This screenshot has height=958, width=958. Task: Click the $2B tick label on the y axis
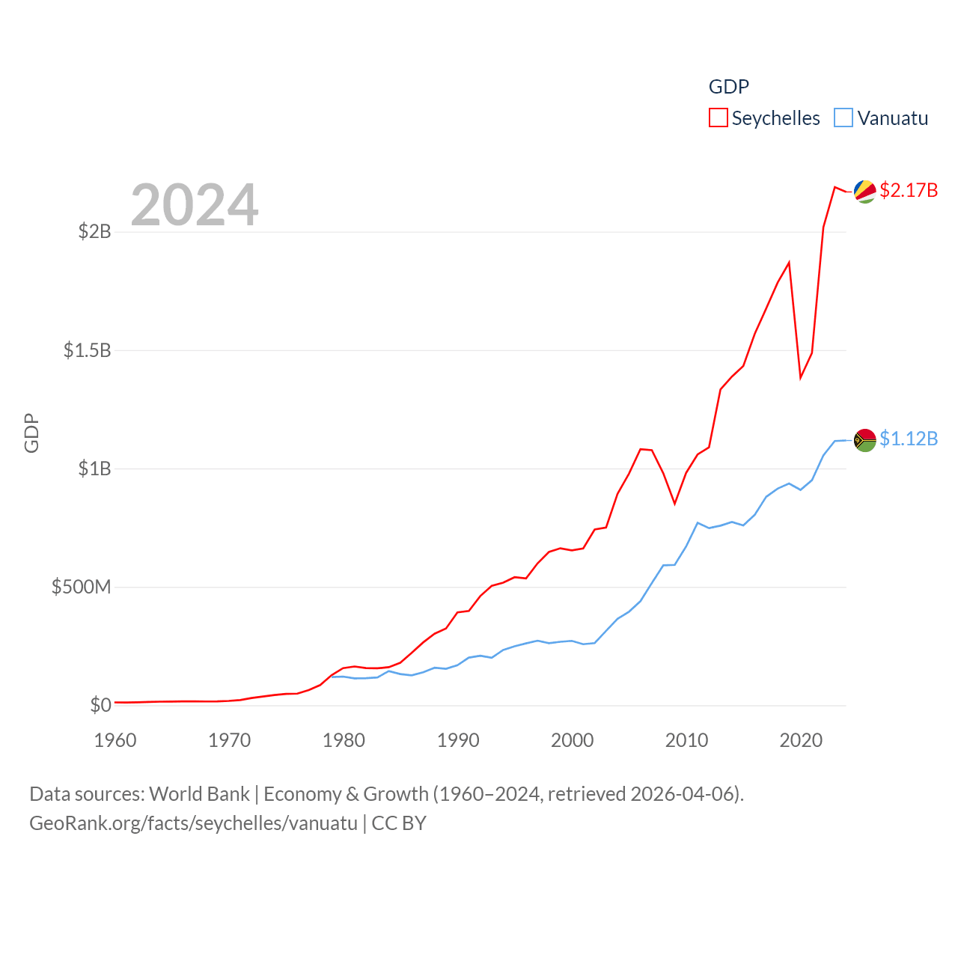(94, 231)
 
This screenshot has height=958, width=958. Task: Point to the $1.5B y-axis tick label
(87, 350)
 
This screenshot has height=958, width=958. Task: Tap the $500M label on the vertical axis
(81, 587)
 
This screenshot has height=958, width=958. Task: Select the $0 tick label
(100, 705)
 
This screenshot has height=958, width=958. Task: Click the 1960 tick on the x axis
(115, 740)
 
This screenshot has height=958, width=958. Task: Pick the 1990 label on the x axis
(458, 740)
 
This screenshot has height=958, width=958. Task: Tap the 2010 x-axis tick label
(686, 740)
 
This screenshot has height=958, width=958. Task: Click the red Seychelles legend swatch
(718, 118)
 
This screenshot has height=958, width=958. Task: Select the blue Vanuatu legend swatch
(843, 118)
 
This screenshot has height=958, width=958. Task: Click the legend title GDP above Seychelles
(728, 87)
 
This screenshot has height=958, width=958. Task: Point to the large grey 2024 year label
(195, 205)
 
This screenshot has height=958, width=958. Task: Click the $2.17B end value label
(909, 190)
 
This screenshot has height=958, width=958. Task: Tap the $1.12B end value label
(909, 439)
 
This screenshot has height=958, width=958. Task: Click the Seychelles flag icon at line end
(864, 191)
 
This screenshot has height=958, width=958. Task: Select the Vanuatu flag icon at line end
(864, 439)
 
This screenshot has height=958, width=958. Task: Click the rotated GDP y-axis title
(31, 433)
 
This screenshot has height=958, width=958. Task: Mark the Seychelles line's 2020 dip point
(801, 377)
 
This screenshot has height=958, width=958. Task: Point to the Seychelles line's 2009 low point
(675, 504)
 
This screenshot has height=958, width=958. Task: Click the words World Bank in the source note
(199, 793)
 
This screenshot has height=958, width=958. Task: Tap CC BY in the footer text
(399, 823)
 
